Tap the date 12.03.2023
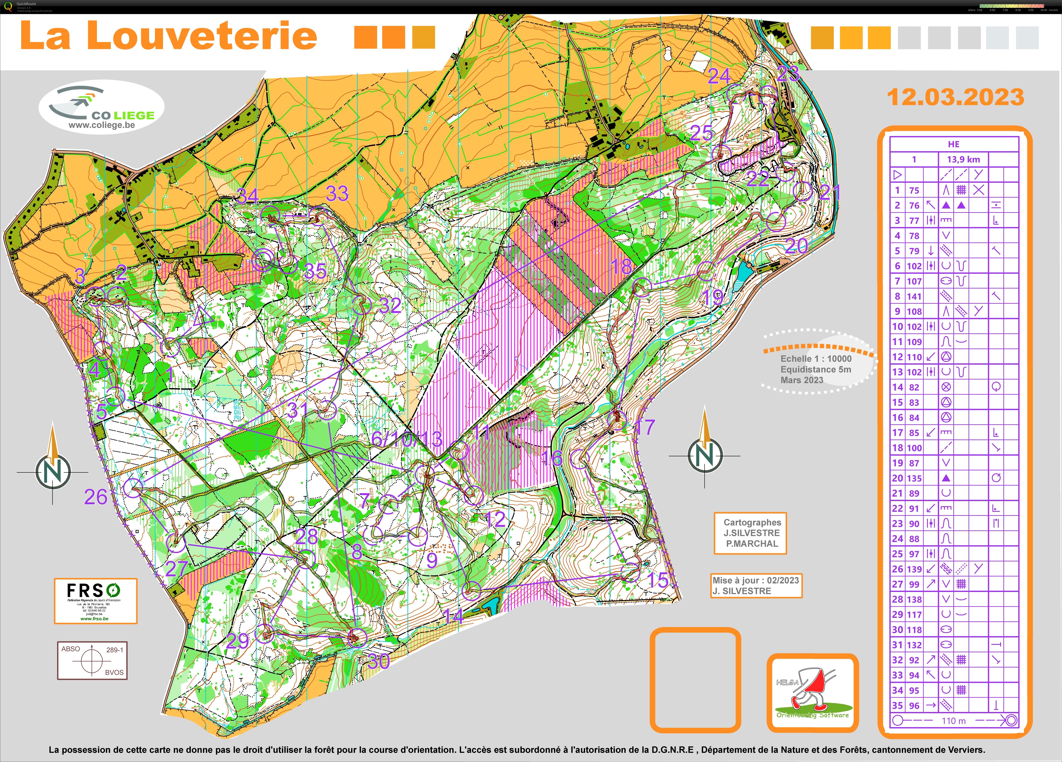955,97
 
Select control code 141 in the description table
914,296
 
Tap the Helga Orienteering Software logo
812,693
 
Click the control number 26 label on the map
96,497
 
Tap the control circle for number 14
472,591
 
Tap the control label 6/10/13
406,439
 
